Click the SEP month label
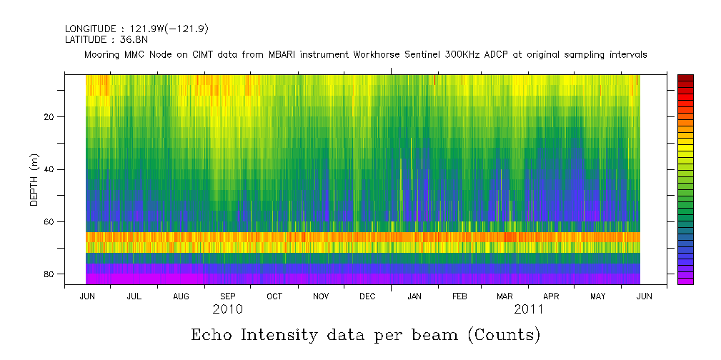[x=228, y=296]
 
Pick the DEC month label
[x=367, y=296]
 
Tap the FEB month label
[x=459, y=296]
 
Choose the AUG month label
[x=182, y=296]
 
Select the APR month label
[x=552, y=296]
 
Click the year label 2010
[x=228, y=310]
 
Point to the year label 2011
[x=529, y=310]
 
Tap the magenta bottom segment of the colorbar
[x=685, y=281]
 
